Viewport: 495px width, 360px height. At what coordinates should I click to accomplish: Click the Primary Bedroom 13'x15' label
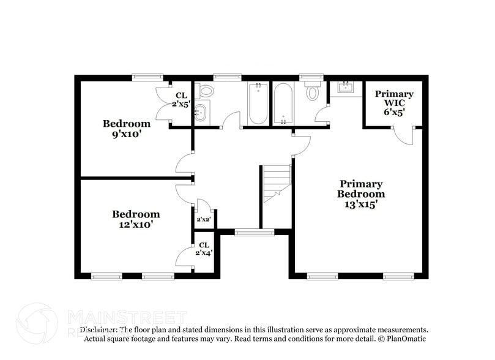point(361,194)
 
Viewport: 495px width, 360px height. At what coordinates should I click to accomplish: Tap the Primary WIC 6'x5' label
point(394,103)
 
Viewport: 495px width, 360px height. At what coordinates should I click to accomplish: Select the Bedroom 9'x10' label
point(127,129)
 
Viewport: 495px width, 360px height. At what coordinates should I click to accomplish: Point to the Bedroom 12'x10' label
point(136,219)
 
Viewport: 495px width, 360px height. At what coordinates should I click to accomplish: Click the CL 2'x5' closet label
point(181,100)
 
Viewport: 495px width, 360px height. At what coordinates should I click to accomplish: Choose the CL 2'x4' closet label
point(204,249)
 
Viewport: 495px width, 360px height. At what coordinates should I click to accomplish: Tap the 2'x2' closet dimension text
point(204,219)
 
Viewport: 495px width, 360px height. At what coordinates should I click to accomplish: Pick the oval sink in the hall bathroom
point(201,113)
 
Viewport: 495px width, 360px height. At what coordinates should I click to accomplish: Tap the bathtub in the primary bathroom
point(283,103)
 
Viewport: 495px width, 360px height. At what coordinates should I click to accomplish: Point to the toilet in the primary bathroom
point(313,92)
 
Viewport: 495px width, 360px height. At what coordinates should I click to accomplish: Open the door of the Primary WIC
point(403,135)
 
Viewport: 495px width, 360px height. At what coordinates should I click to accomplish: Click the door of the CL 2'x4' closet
point(185,257)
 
